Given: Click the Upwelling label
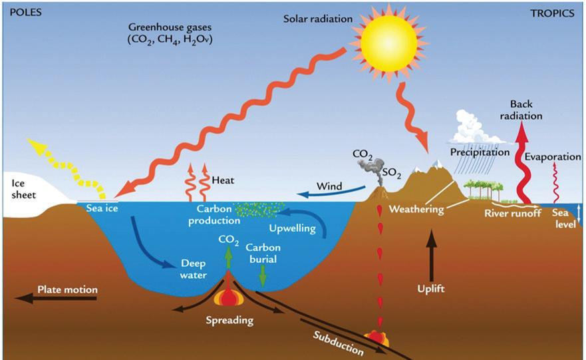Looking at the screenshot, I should point(288,229).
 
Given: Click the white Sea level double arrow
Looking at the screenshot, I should point(579,214).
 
